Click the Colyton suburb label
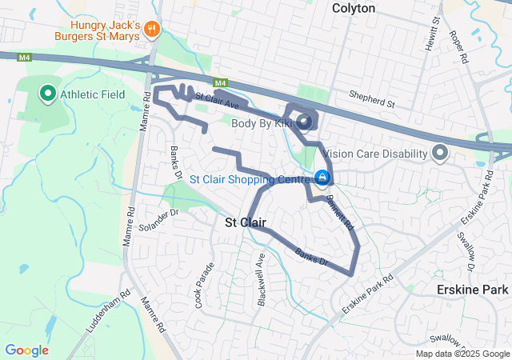354,8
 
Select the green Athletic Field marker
47,94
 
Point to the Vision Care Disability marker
440,152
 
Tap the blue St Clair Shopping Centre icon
321,177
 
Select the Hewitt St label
433,31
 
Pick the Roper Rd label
458,46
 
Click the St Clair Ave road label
217,101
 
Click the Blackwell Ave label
261,273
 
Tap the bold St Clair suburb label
245,222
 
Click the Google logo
26,350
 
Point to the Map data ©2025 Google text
462,354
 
